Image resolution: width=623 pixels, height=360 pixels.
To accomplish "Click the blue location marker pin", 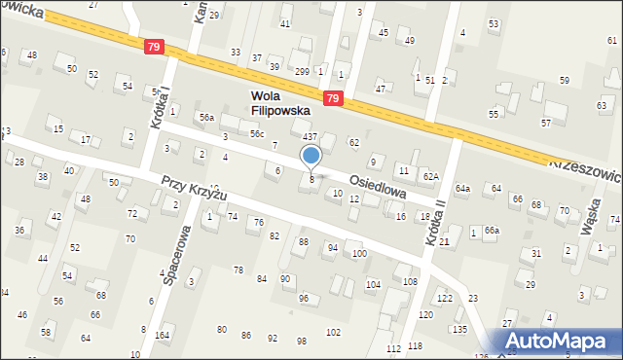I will point(311,157).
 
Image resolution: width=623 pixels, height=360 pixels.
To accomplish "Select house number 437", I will point(310,137).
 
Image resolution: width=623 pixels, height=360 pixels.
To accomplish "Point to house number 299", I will point(302,72).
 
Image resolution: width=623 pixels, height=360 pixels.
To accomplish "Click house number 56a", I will point(206,117).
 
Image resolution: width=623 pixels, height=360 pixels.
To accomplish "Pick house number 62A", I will point(430,176).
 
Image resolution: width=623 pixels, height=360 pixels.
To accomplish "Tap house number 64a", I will point(462,188).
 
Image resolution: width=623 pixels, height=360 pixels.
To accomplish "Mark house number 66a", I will point(492,230).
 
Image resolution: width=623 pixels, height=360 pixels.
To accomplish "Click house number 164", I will point(163,335).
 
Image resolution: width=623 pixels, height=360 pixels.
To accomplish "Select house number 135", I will point(458,329).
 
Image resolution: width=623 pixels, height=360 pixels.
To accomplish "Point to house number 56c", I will point(257,133).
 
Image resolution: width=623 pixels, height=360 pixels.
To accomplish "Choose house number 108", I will point(409,281).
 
